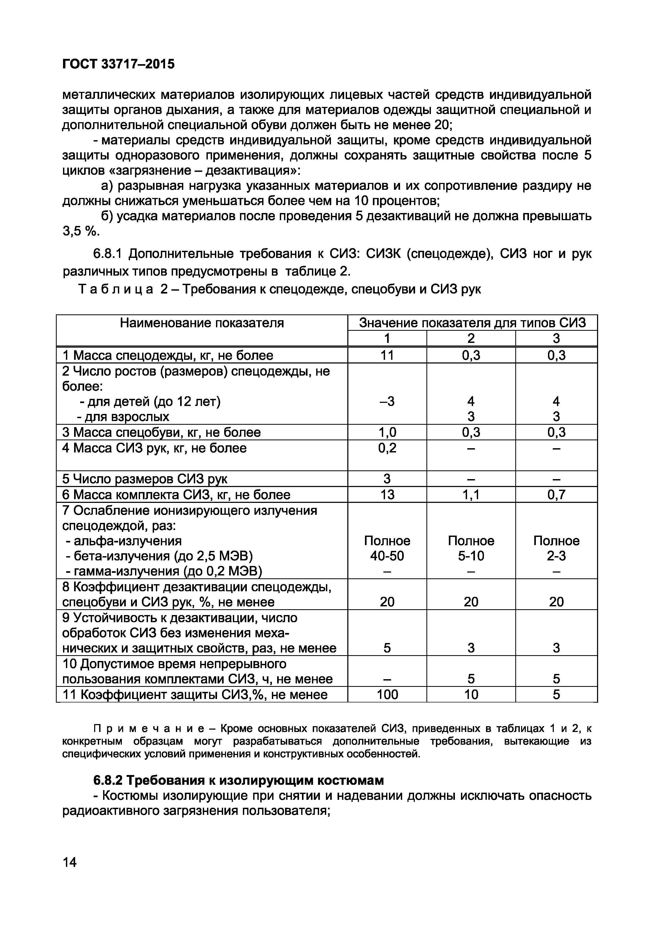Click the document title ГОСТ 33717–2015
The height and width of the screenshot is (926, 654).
click(x=118, y=64)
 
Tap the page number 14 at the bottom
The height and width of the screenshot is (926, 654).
click(x=69, y=862)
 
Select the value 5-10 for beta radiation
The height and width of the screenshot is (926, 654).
click(x=471, y=556)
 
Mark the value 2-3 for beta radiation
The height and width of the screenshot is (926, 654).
click(x=556, y=556)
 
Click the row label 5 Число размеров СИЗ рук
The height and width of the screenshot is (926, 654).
click(x=145, y=479)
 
